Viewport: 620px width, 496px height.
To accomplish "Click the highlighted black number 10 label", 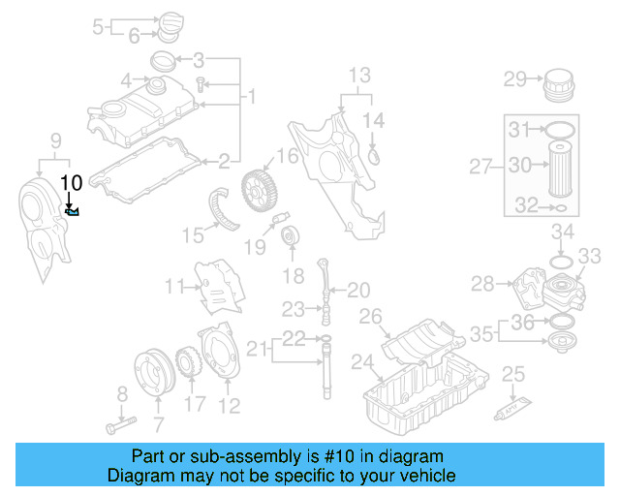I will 72,181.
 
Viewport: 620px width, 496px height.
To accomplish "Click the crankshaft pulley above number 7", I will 152,377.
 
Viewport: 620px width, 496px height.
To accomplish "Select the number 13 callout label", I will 358,76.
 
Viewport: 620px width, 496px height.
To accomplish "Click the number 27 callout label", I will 481,167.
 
